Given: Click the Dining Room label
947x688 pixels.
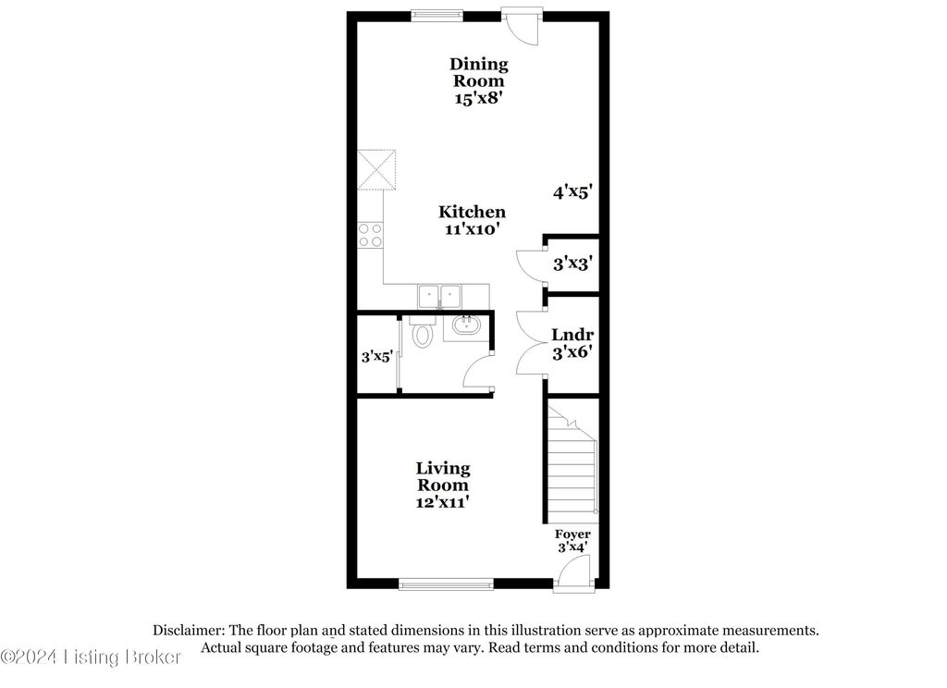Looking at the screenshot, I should (x=478, y=72).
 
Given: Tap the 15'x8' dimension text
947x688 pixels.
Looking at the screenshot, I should (x=478, y=99).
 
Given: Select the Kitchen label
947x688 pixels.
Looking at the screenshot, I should (x=472, y=212).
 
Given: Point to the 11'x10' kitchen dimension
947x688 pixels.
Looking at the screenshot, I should (x=472, y=229).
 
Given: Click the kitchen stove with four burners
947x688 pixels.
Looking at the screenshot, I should (x=370, y=236).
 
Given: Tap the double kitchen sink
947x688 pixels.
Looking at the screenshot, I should (x=441, y=296).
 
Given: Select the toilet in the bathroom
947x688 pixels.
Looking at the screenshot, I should (x=423, y=332).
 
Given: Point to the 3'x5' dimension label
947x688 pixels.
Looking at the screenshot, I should (x=377, y=354).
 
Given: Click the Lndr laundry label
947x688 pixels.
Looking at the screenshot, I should (x=572, y=335).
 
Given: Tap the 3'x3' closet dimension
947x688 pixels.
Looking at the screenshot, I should (x=572, y=264).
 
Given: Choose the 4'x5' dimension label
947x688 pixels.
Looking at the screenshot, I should (x=572, y=192).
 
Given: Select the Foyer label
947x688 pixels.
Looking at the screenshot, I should (x=572, y=534).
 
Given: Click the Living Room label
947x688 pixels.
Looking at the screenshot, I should (x=442, y=476).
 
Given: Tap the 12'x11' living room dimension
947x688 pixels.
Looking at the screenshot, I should (x=442, y=503).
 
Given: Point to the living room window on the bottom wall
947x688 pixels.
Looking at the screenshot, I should (x=446, y=584).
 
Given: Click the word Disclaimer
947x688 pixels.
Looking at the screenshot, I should (x=188, y=630).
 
